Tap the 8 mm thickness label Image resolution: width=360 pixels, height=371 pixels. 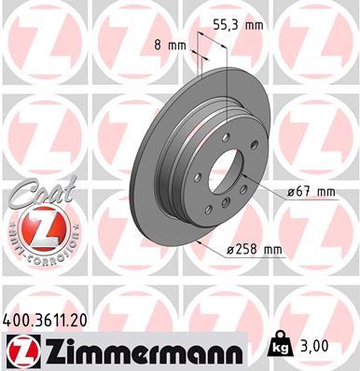tap(168, 44)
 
